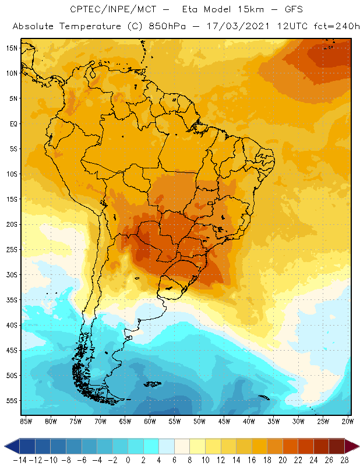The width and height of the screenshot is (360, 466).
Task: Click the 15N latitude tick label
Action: [11, 48]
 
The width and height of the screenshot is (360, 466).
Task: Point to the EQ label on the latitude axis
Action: [12, 123]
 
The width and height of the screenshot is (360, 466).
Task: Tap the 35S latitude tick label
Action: [11, 300]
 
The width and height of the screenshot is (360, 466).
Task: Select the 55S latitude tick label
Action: [11, 401]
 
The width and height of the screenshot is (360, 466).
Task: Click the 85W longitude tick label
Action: [26, 421]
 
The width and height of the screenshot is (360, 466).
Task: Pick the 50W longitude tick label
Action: [200, 421]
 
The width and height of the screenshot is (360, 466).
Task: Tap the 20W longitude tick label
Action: [348, 421]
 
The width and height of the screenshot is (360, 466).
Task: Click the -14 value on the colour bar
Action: [20, 460]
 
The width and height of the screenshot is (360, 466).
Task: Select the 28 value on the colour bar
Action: [344, 460]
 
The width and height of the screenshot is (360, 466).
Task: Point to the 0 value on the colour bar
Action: [129, 460]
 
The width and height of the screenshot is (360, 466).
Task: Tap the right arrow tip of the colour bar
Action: [357, 446]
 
